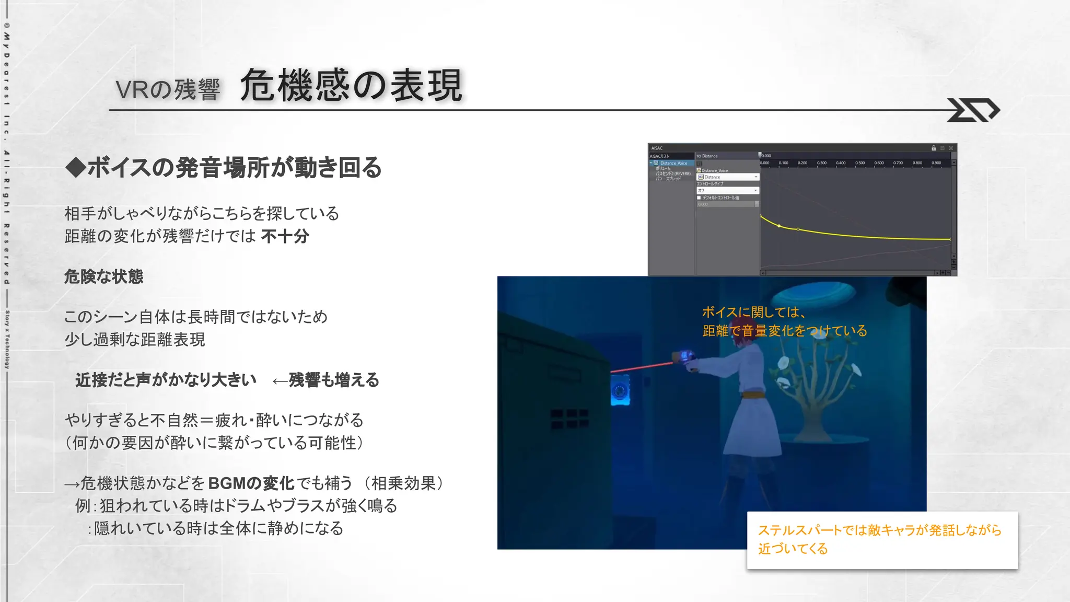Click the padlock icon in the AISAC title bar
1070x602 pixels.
point(934,148)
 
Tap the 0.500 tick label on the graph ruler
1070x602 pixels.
point(860,163)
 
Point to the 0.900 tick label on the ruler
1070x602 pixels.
point(936,163)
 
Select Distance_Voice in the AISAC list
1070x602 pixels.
point(673,163)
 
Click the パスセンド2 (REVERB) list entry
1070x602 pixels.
point(673,173)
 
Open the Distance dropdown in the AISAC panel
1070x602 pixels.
point(728,177)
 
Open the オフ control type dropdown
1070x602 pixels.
point(728,191)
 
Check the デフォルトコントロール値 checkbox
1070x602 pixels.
point(699,198)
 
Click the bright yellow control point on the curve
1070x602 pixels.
point(779,226)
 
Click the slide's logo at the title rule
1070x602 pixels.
point(973,110)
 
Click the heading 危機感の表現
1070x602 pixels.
point(351,85)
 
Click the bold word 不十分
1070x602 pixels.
point(285,236)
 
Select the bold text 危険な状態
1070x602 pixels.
point(103,276)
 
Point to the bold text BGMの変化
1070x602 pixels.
point(251,483)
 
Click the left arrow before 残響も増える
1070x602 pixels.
point(280,381)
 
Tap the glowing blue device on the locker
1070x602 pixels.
point(620,391)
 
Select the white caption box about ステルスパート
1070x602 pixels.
point(882,540)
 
